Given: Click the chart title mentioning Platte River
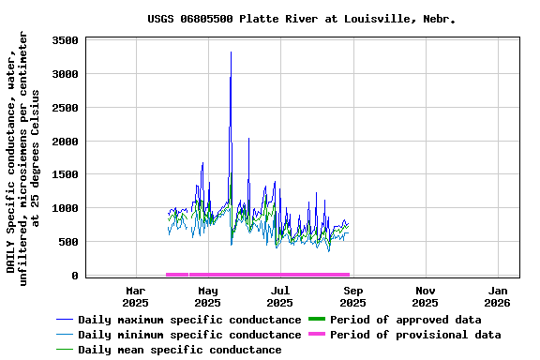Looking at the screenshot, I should [x=301, y=19].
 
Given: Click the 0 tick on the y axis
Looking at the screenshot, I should [x=76, y=276].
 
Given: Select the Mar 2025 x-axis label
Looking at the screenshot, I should [x=136, y=296].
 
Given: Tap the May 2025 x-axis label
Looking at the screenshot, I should [x=208, y=296].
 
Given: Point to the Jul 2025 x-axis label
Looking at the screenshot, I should [x=280, y=296].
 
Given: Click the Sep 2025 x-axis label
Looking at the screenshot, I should [x=352, y=296].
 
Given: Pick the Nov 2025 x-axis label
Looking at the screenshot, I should [x=425, y=296].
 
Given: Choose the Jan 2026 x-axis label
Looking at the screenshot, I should [x=497, y=296].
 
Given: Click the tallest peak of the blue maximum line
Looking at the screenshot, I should [x=231, y=52].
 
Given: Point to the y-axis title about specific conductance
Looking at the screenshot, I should [x=22, y=155].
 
